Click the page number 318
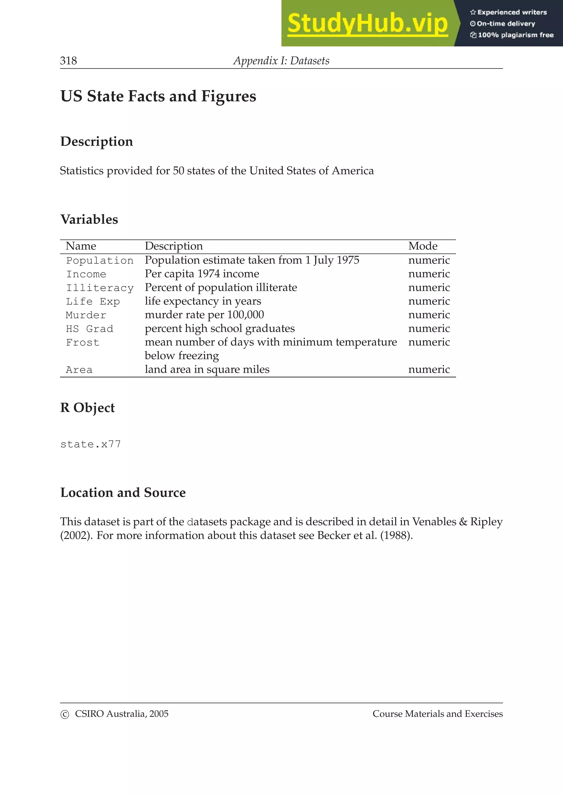[x=68, y=61]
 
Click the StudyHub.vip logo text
[x=367, y=23]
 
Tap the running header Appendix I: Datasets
[x=281, y=61]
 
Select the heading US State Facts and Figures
[x=158, y=96]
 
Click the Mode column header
[x=423, y=246]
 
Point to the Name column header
[x=81, y=246]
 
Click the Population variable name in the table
[x=100, y=260]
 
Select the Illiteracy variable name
[x=100, y=288]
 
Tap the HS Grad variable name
[x=90, y=329]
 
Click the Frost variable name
[x=82, y=343]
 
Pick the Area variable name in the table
[x=79, y=370]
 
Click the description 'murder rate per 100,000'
[x=204, y=315]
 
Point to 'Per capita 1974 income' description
[x=202, y=274]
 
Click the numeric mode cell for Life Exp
[x=429, y=301]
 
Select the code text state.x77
[x=90, y=444]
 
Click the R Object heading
[x=87, y=408]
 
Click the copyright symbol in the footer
[x=65, y=714]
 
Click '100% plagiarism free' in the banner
[x=515, y=35]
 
